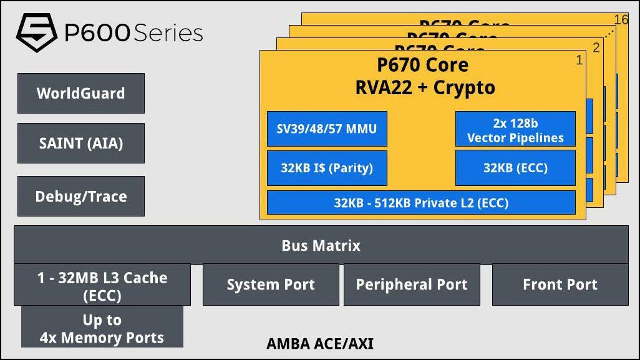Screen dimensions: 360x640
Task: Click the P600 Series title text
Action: tap(133, 33)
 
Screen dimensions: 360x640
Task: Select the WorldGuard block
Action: tap(81, 94)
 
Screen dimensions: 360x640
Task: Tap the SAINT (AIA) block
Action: tap(81, 144)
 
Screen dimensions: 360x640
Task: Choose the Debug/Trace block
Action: tap(81, 197)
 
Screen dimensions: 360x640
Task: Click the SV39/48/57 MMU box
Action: tap(327, 129)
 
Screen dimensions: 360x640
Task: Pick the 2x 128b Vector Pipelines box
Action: tap(515, 130)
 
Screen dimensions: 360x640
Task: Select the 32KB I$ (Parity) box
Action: tap(327, 168)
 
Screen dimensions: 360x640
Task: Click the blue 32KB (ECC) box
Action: tap(515, 168)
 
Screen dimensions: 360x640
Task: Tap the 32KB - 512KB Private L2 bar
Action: tap(421, 203)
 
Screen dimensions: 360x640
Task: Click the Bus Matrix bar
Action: tap(321, 245)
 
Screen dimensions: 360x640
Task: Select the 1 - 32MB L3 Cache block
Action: tap(102, 285)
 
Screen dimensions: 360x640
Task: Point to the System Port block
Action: tap(271, 285)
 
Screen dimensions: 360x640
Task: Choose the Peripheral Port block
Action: tap(412, 285)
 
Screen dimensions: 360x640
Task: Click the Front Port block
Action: tap(560, 285)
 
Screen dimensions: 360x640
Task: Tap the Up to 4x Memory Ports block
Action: tap(102, 329)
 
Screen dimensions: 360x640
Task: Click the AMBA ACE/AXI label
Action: tap(320, 344)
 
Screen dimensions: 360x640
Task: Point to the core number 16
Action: tap(621, 19)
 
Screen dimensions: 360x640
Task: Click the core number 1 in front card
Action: tap(579, 60)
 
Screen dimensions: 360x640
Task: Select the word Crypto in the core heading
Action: tap(464, 88)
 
